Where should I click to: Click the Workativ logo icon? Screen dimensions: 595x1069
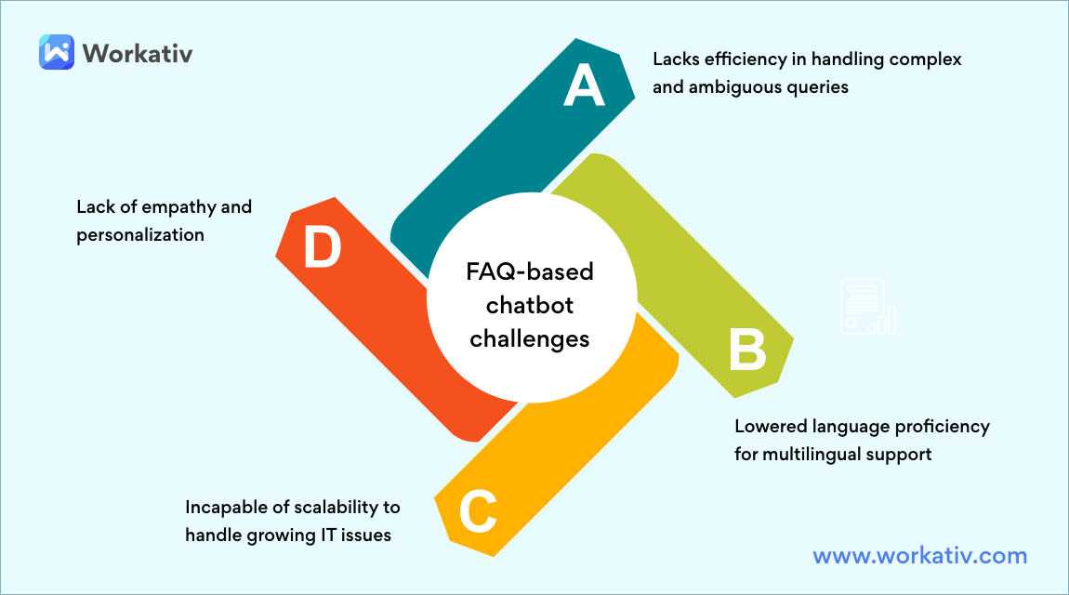click(57, 52)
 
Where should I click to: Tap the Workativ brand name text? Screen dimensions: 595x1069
click(137, 53)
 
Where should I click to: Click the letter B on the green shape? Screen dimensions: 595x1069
click(746, 351)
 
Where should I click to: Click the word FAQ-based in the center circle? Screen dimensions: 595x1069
click(529, 273)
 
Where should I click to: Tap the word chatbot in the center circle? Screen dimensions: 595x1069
click(529, 306)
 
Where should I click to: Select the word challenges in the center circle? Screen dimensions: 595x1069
click(529, 338)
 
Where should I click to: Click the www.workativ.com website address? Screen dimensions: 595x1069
click(920, 556)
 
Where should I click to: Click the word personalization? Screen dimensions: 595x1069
click(140, 234)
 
